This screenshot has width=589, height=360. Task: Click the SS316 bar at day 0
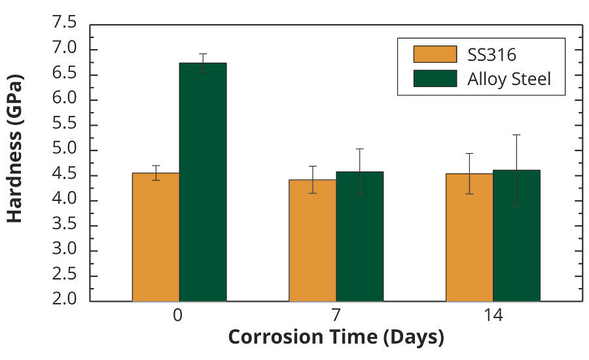156,237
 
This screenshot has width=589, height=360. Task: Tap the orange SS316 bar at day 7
313,240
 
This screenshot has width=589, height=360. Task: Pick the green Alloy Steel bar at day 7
360,236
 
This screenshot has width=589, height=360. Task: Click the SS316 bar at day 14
469,237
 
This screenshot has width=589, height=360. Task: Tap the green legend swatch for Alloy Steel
435,79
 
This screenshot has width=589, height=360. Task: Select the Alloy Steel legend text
509,79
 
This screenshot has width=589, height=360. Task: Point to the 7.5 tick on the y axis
64,24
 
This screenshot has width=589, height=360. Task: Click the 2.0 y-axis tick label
64,301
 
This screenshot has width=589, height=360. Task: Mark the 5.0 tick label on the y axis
64,150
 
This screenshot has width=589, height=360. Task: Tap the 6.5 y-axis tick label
64,75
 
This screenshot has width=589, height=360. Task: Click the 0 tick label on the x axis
178,315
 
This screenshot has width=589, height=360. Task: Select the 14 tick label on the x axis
492,315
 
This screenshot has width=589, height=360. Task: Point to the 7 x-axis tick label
336,315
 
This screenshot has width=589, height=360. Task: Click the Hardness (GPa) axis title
16,149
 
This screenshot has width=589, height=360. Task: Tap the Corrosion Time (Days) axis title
336,338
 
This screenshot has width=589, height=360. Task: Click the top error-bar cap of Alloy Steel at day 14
516,135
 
